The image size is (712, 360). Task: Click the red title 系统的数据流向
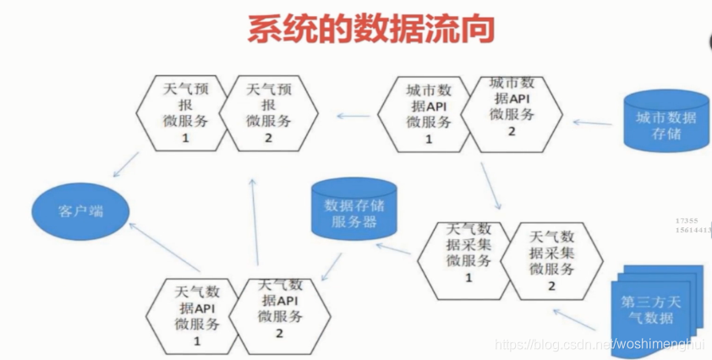[370, 29]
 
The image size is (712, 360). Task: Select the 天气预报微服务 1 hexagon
[179, 113]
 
